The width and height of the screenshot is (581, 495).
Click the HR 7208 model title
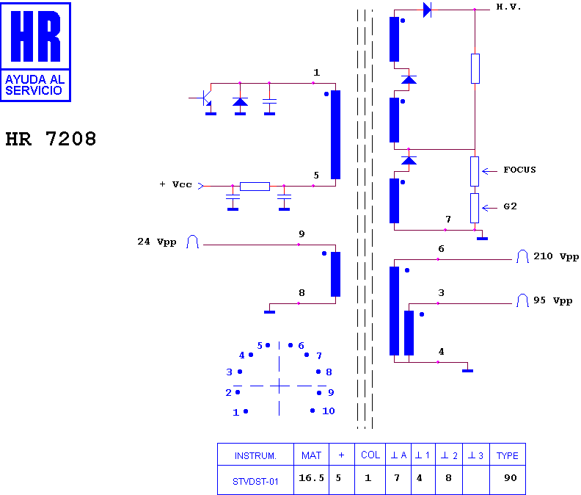coord(51,139)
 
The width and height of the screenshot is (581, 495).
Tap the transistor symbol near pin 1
coord(205,98)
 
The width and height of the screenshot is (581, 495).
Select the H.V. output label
coord(508,7)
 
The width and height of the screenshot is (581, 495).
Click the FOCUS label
coord(519,170)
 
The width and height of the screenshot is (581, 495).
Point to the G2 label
coord(510,206)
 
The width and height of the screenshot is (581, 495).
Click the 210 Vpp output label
coord(556,256)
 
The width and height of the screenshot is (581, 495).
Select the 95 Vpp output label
coord(553,300)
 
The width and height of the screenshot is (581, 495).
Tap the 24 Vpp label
coord(157,242)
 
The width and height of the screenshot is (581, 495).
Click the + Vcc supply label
coord(175,184)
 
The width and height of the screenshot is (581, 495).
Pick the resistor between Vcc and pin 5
coord(255,187)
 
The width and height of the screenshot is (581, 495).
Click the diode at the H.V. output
coord(427,10)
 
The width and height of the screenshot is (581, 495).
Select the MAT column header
coord(311,455)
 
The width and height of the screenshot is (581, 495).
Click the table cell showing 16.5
coord(311,478)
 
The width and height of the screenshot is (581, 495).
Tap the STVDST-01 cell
coord(255,482)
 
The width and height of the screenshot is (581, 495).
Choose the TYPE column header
coord(507,455)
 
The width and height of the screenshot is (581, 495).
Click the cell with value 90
coord(511,478)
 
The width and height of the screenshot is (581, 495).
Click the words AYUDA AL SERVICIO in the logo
coord(34,85)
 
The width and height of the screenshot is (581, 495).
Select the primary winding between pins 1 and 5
coord(335,134)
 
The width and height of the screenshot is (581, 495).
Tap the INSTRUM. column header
coord(255,455)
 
